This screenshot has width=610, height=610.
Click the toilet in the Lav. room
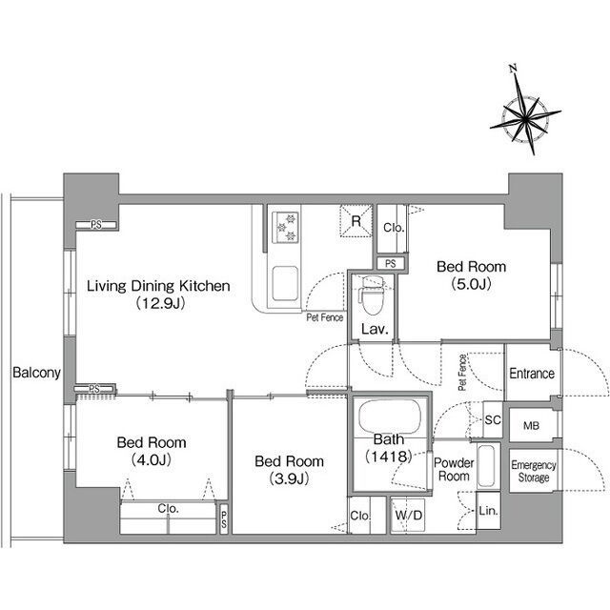click(372, 295)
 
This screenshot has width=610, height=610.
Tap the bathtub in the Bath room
click(390, 417)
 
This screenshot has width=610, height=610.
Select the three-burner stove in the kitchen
click(285, 227)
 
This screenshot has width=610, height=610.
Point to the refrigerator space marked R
click(356, 221)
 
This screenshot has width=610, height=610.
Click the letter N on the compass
click(513, 69)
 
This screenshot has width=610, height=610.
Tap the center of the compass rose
click(525, 116)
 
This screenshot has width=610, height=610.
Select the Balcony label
click(36, 373)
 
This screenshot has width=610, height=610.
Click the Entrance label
click(532, 374)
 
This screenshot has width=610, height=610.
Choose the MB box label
click(531, 426)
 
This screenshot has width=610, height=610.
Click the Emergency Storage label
click(534, 471)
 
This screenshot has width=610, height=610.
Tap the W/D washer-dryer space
click(409, 516)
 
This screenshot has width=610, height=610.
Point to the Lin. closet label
click(488, 511)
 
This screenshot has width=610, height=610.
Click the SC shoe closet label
click(493, 419)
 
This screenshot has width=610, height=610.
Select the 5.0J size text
click(471, 284)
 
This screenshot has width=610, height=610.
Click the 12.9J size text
click(161, 303)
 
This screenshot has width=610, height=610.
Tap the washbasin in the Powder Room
click(487, 466)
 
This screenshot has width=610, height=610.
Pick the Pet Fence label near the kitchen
click(324, 317)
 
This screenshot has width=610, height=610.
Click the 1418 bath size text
click(389, 457)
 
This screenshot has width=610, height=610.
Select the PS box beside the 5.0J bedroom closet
click(391, 263)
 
